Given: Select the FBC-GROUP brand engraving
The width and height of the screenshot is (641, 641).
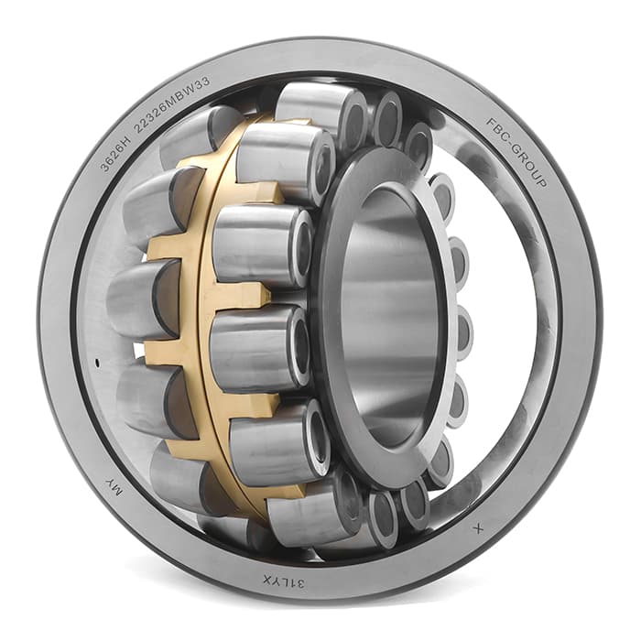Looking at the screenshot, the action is point(516,152).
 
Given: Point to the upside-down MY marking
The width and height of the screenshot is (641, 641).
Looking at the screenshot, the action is point(114,488).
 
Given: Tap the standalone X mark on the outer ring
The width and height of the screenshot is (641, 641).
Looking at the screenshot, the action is point(478,529).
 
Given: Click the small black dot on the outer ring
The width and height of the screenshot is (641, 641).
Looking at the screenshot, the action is point(97,363).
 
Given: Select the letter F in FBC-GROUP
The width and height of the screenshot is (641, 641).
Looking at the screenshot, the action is point(489,122).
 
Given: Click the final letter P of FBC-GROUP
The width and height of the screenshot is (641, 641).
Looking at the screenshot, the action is point(541,182).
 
